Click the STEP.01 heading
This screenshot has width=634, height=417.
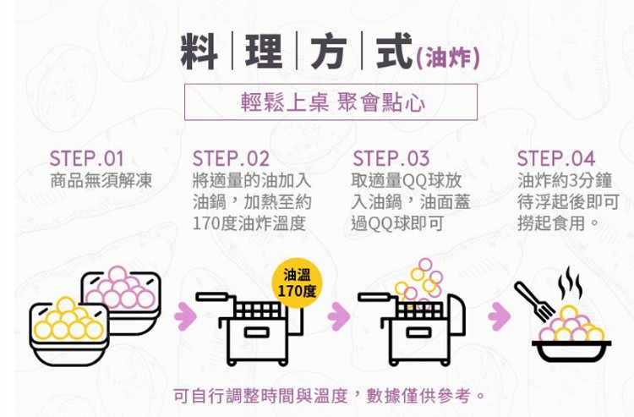pyautogui.click(x=86, y=158)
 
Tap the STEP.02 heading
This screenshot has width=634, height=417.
pyautogui.click(x=231, y=158)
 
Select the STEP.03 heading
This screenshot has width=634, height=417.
pyautogui.click(x=391, y=158)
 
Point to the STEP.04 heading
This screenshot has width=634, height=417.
pyautogui.click(x=556, y=158)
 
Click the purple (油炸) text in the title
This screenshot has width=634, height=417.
pyautogui.click(x=447, y=58)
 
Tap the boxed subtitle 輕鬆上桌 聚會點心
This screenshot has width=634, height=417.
pyautogui.click(x=331, y=102)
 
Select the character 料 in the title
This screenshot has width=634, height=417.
pyautogui.click(x=199, y=52)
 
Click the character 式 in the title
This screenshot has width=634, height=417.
pyautogui.click(x=394, y=52)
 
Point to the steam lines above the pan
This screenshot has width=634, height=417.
pyautogui.click(x=570, y=283)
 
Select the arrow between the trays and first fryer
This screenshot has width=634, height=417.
pyautogui.click(x=185, y=315)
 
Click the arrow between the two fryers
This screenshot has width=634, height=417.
pyautogui.click(x=339, y=315)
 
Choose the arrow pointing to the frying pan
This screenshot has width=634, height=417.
pyautogui.click(x=500, y=315)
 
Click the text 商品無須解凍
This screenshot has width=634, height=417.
pyautogui.click(x=101, y=180)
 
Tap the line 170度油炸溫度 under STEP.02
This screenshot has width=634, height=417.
pyautogui.click(x=249, y=223)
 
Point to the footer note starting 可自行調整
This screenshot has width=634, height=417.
pyautogui.click(x=329, y=396)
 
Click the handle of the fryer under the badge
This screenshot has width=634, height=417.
pyautogui.click(x=211, y=297)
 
